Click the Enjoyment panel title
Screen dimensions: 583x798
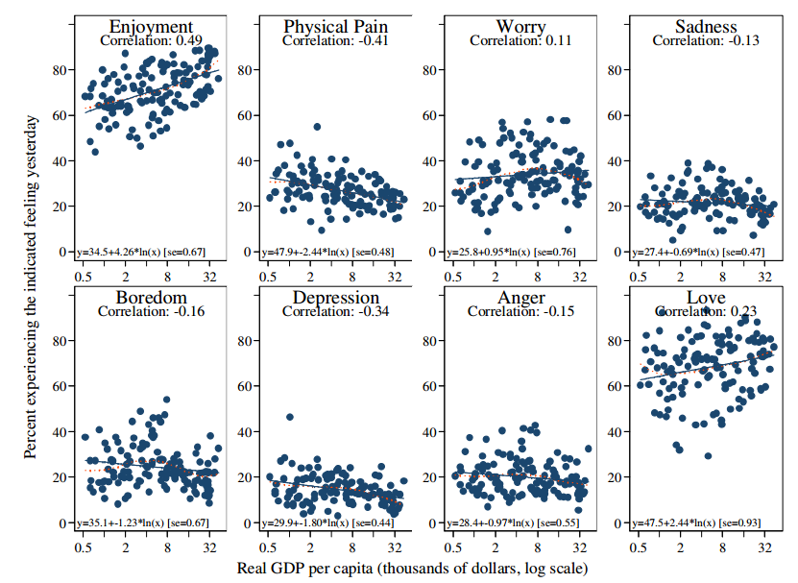click(151, 26)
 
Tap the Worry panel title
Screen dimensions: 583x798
click(520, 26)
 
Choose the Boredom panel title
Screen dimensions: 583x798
click(151, 298)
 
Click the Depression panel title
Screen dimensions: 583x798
click(335, 298)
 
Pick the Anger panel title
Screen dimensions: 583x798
click(520, 298)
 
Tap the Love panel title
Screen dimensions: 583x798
click(706, 298)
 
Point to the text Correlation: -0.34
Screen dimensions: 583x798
click(335, 312)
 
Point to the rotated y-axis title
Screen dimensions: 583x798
click(33, 287)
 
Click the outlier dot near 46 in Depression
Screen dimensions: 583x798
click(290, 418)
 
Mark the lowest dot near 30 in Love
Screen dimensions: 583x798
click(708, 456)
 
